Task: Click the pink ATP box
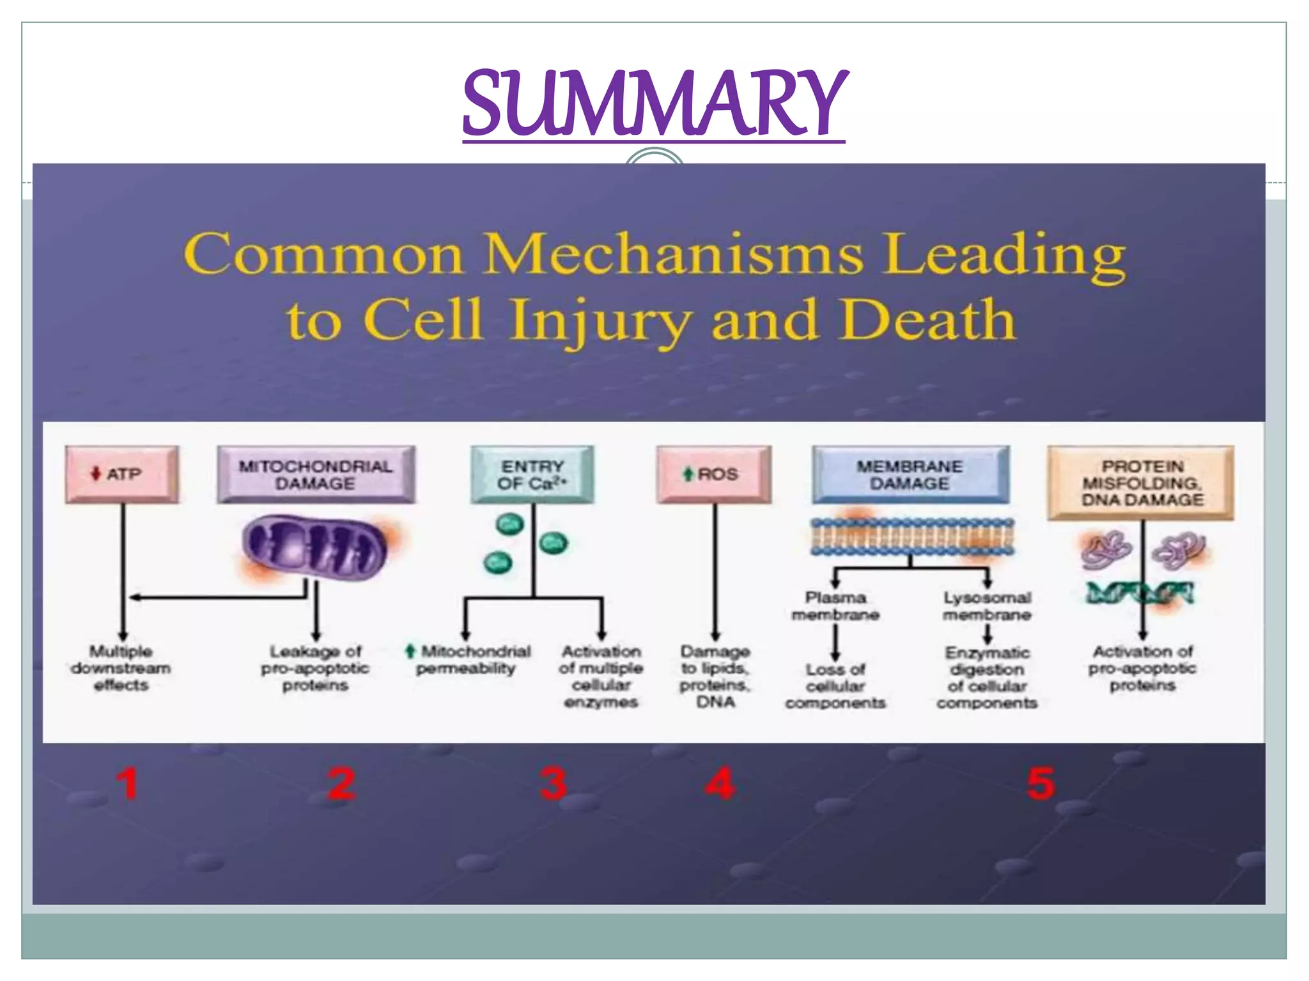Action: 121,475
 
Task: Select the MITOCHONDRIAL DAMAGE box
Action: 316,475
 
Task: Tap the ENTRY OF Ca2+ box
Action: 532,475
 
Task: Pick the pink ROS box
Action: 714,475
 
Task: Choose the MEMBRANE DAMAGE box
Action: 910,475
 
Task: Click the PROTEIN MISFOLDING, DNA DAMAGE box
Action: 1141,483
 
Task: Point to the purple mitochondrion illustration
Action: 314,548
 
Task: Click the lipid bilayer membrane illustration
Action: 912,536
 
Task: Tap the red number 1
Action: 128,784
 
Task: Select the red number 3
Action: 553,784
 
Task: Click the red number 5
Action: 1041,784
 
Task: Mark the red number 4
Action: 720,784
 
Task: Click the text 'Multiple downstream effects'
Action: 121,668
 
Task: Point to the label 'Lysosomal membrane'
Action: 987,606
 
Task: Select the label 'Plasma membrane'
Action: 835,606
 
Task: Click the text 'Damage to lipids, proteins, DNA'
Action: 715,676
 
